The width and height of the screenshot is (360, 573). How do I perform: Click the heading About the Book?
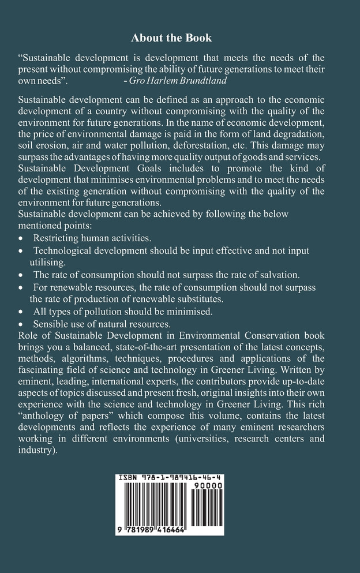click(x=171, y=38)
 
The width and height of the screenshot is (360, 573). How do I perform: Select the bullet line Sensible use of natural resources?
click(x=102, y=324)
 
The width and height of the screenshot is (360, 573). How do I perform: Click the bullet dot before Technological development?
click(x=21, y=250)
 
